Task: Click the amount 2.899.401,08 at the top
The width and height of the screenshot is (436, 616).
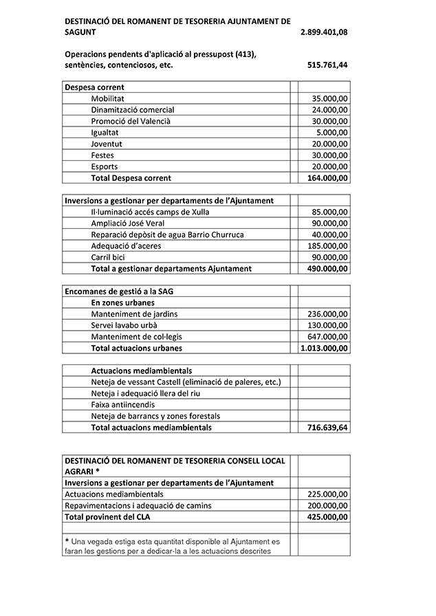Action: pos(324,32)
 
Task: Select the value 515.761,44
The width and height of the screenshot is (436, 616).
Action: pos(327,65)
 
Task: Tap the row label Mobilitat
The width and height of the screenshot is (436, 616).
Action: pos(109,98)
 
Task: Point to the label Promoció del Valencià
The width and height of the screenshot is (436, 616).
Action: pos(131,121)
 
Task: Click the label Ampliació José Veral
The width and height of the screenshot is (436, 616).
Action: pos(128,223)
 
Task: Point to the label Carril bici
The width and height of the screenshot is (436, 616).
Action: pos(108,257)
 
